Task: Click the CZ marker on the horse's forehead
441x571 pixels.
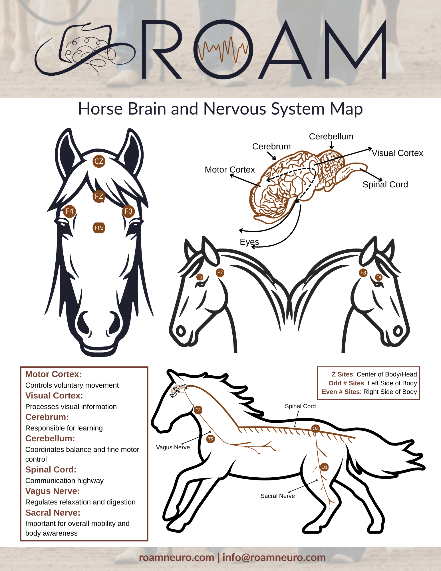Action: (x=99, y=161)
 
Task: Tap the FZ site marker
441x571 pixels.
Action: (x=99, y=197)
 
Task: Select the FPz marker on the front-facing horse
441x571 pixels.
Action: (x=99, y=228)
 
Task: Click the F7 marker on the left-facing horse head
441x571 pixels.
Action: (x=220, y=273)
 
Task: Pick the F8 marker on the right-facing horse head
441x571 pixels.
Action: (x=363, y=273)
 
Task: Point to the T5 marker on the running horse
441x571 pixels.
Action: (x=210, y=439)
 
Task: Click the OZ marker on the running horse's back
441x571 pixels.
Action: (x=315, y=428)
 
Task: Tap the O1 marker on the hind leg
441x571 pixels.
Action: (x=325, y=467)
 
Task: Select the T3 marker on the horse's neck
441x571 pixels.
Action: (x=198, y=410)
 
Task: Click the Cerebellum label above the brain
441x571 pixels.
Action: (x=331, y=137)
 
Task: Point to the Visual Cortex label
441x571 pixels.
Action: (x=397, y=153)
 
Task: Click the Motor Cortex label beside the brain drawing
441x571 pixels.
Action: (x=230, y=170)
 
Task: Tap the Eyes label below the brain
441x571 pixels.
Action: (x=249, y=242)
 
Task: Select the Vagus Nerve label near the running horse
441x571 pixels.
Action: (x=173, y=447)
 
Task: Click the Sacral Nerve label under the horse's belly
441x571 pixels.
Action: (x=277, y=496)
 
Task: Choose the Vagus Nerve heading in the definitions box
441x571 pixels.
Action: (x=53, y=491)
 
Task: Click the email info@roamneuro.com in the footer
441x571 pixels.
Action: (x=274, y=557)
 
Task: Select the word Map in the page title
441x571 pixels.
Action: (x=346, y=109)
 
